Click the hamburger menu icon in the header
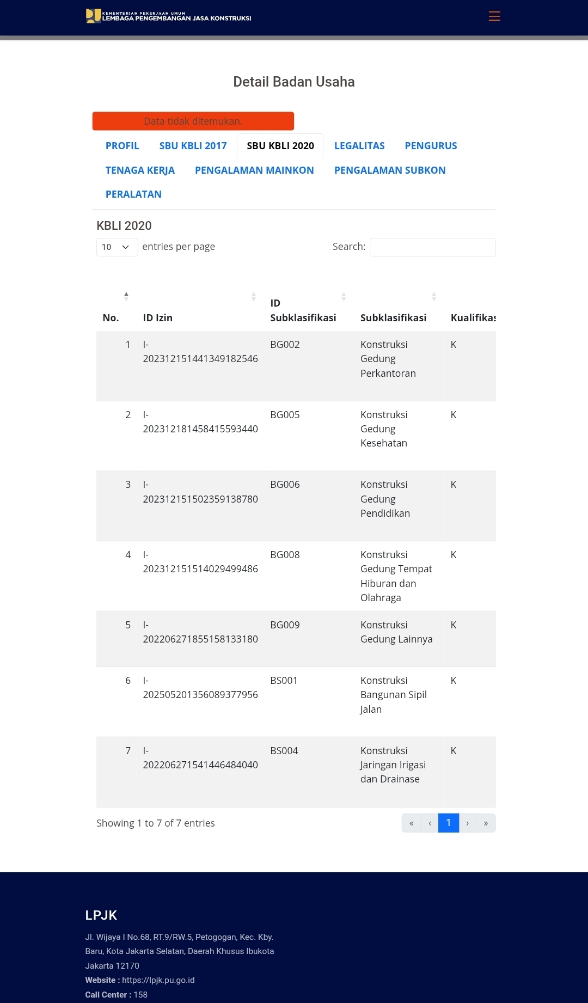pyautogui.click(x=494, y=16)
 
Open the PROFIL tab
pyautogui.click(x=122, y=146)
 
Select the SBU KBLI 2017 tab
pyautogui.click(x=193, y=146)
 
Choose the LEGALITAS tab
pyautogui.click(x=359, y=146)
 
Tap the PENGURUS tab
pyautogui.click(x=431, y=146)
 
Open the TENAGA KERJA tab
pyautogui.click(x=140, y=170)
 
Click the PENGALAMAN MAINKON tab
pyautogui.click(x=254, y=170)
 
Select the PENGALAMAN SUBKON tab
pyautogui.click(x=390, y=170)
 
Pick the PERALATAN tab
pyautogui.click(x=133, y=194)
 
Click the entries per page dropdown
pyautogui.click(x=117, y=247)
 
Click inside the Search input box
pyautogui.click(x=432, y=247)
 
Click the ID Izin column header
pyautogui.click(x=158, y=318)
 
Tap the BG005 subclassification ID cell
pyautogui.click(x=285, y=415)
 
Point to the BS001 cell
pyautogui.click(x=284, y=681)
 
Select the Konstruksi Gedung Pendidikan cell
pyautogui.click(x=385, y=499)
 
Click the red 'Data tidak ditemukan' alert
pyautogui.click(x=193, y=121)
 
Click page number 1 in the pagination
pyautogui.click(x=449, y=823)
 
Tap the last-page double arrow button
pyautogui.click(x=486, y=823)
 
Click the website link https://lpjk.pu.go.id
pyautogui.click(x=158, y=980)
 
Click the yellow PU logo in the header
pyautogui.click(x=93, y=16)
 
